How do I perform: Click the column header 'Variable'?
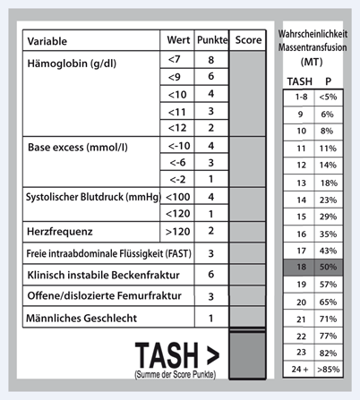click(x=52, y=41)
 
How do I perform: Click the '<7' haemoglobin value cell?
click(x=174, y=59)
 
